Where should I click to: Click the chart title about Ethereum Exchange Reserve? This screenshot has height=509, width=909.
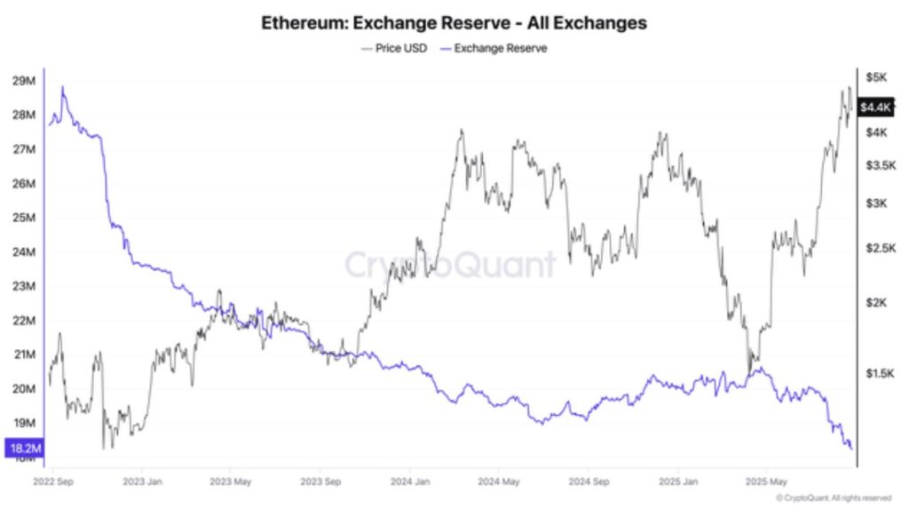(x=454, y=23)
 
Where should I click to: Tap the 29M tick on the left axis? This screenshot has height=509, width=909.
(x=23, y=82)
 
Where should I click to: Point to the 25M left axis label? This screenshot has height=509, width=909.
(x=23, y=219)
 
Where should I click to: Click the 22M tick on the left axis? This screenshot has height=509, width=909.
(x=23, y=321)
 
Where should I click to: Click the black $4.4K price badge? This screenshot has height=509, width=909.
(x=876, y=107)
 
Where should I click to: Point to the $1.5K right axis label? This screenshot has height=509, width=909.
(x=879, y=374)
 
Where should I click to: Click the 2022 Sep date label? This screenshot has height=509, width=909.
(x=52, y=483)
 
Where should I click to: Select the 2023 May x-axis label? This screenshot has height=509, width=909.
(x=231, y=483)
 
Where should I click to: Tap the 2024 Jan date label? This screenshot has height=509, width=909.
(x=409, y=483)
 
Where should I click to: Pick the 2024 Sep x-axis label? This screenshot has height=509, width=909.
(x=588, y=483)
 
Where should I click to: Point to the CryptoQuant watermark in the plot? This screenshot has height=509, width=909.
(x=450, y=265)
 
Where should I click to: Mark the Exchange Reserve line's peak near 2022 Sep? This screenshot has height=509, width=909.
(x=62, y=87)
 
